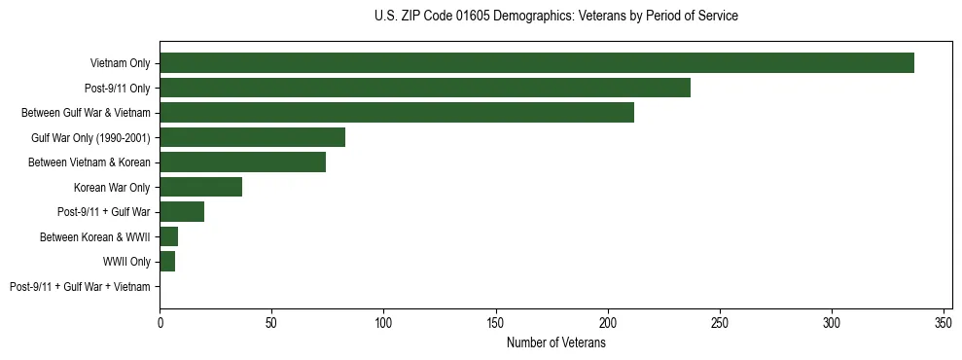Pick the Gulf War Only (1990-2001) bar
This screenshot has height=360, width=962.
253,137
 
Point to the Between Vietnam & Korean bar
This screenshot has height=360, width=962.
243,162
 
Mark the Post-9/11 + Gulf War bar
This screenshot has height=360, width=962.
182,212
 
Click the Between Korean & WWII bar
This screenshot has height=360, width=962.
169,236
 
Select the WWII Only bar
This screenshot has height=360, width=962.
167,262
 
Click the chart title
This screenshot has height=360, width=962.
555,17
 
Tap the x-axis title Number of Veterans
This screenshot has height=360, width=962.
555,343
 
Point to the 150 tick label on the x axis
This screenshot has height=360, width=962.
496,322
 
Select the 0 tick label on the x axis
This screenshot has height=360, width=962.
160,322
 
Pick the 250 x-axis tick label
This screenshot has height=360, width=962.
720,322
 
